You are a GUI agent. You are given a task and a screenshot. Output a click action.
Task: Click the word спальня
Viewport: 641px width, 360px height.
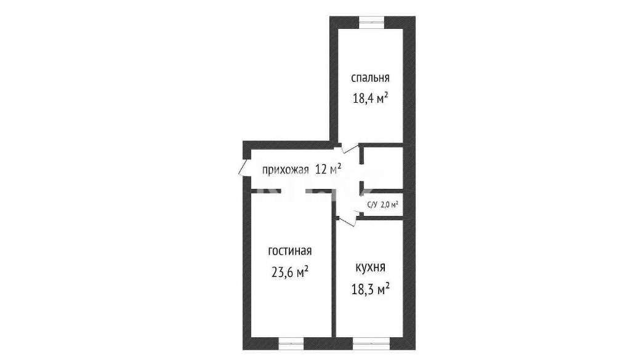coord(370,78)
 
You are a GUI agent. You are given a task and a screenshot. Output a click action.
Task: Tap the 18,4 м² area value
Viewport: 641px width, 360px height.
coord(370,98)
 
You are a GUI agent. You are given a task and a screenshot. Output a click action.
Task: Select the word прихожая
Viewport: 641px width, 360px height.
coord(285,170)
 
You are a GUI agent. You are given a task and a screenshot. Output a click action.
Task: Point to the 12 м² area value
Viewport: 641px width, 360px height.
coord(328,169)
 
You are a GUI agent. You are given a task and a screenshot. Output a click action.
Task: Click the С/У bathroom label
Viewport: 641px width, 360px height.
coord(372,205)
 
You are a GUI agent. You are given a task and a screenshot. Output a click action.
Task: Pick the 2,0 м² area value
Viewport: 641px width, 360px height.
coord(389,205)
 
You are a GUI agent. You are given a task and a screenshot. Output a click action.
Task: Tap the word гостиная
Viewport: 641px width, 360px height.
coord(290,251)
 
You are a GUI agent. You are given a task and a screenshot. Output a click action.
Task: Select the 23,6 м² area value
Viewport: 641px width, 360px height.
coord(290,272)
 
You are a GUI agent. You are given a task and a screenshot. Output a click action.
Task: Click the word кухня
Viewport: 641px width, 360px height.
coord(370,268)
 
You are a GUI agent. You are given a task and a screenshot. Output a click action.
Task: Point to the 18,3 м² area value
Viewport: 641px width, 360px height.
coord(370,289)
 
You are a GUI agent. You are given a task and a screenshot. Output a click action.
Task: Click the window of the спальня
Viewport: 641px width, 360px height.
coord(372,22)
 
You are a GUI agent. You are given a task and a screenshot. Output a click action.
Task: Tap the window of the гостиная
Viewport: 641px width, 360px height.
coord(291,343)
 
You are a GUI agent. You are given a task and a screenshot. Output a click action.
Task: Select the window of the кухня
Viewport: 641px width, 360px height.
coord(366,343)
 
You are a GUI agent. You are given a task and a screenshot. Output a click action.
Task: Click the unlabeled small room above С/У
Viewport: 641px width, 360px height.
coord(382,167)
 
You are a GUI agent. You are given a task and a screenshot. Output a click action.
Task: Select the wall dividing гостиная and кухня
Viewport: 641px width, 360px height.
coord(334,278)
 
